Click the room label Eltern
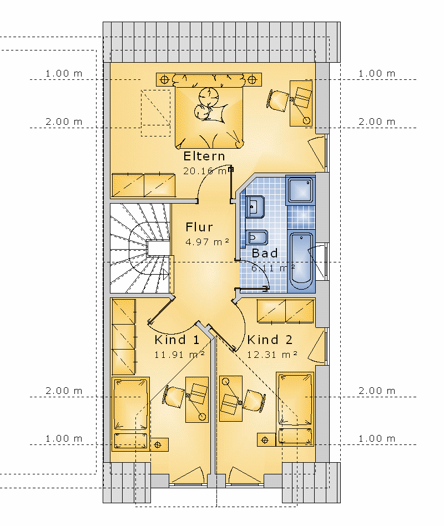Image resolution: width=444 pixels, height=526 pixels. [204, 156]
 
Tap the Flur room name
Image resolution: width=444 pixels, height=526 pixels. [199, 227]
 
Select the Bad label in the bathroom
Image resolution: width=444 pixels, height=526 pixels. [265, 253]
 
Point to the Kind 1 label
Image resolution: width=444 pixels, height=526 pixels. [177, 340]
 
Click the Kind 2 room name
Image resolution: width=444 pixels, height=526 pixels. [270, 340]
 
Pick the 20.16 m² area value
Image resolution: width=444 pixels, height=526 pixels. [205, 171]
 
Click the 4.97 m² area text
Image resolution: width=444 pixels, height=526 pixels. [208, 241]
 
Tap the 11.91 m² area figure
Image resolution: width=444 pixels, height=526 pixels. [180, 354]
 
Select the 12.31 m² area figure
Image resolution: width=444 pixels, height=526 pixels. [273, 354]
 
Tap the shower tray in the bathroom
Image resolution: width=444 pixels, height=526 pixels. [301, 190]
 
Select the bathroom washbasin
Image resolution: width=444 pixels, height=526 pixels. [255, 207]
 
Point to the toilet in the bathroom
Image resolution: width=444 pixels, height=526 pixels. [256, 238]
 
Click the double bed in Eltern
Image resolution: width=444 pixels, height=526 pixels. [209, 112]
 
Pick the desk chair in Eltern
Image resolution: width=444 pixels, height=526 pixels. [278, 100]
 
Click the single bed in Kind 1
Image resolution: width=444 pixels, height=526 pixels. [130, 414]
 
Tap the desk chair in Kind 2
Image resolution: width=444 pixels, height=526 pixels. [254, 400]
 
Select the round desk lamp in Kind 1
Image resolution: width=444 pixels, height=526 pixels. [202, 417]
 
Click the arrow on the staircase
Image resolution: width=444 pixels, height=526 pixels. [165, 275]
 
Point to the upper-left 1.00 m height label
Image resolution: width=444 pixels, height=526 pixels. [64, 73]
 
